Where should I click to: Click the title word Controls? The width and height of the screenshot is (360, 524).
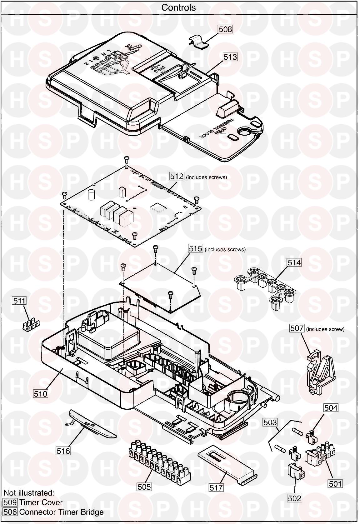tap(178, 7)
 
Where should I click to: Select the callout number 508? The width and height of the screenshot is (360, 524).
tap(225, 29)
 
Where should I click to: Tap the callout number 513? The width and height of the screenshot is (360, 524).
tap(230, 57)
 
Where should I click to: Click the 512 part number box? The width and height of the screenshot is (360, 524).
tap(177, 176)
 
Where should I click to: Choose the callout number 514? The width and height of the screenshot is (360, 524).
tap(294, 262)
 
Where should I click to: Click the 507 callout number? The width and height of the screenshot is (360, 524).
tap(297, 328)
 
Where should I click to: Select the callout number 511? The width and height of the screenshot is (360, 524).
tap(19, 301)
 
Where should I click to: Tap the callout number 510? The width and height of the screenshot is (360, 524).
tap(41, 394)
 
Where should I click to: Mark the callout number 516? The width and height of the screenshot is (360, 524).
tap(63, 451)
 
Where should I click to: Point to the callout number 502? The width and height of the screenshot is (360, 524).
tap(295, 498)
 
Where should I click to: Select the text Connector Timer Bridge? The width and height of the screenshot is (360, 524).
tap(61, 512)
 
